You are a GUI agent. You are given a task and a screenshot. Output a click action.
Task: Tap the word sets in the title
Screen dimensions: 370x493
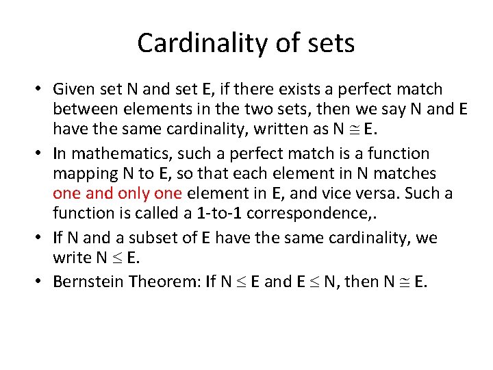(331, 43)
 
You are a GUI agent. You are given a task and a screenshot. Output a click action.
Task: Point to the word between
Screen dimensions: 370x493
(83, 109)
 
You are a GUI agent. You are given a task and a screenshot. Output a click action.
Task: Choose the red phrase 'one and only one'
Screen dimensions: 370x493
(116, 193)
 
